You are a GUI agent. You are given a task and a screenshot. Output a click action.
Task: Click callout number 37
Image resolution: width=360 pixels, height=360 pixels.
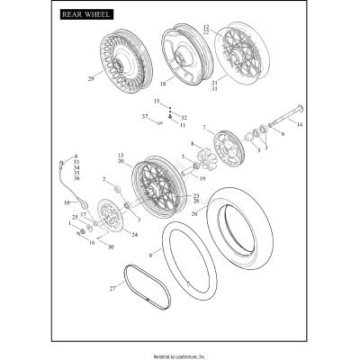click(144, 116)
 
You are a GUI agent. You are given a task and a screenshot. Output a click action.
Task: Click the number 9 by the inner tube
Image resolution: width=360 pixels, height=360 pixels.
click(150, 255)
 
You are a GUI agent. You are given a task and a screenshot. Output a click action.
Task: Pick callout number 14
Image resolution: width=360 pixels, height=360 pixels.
click(300, 124)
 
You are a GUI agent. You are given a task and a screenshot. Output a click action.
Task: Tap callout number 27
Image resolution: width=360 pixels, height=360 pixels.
click(112, 288)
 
